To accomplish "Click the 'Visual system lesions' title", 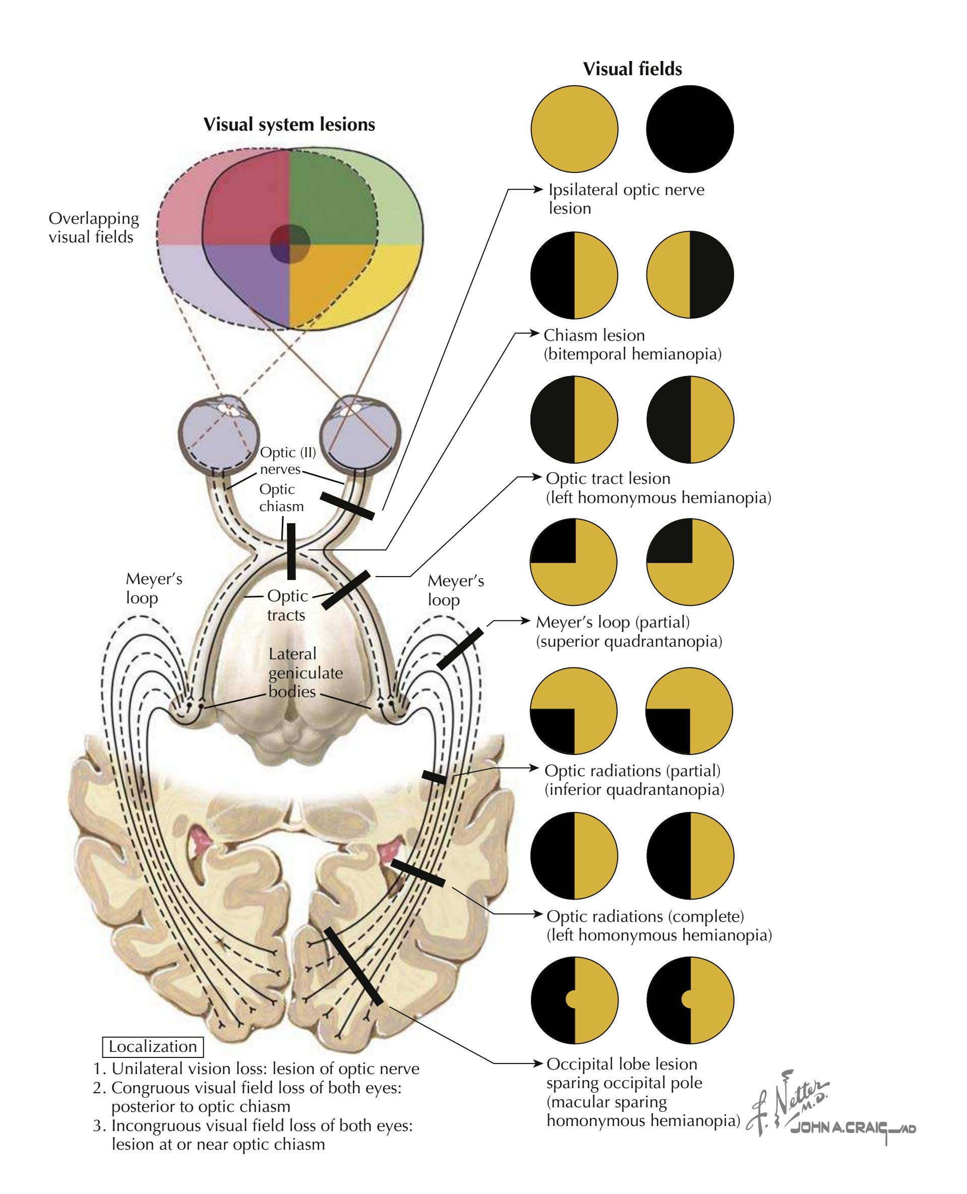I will coord(289,124).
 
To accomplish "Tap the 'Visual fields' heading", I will coord(632,69).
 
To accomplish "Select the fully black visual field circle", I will coord(690,129).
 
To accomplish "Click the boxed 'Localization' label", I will coord(153,1046).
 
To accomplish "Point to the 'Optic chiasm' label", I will coord(281,497).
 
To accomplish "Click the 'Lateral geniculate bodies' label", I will coord(305,672).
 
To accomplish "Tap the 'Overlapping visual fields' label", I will coord(93,228).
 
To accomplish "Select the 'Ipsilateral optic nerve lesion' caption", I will coord(626,199).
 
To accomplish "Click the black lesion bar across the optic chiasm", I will coord(291,551).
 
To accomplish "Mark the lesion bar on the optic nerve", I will coord(347,506).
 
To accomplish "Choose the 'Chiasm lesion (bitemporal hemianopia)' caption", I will coord(632,344).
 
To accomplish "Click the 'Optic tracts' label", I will coord(287,605).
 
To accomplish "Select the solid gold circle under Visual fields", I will coord(574,129).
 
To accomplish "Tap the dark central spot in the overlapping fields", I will coord(290,243).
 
